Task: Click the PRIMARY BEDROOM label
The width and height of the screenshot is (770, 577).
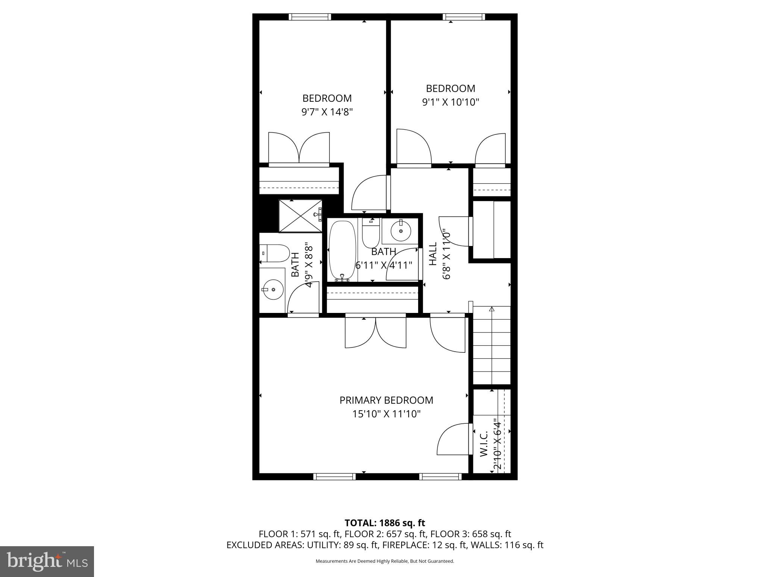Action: pos(386,400)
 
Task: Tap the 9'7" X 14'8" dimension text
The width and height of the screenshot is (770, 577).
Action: pos(327,112)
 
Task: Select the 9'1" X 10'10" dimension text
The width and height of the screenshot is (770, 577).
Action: pos(450,102)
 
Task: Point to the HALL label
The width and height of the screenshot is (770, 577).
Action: pos(433,254)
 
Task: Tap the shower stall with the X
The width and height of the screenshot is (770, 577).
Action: pos(300,216)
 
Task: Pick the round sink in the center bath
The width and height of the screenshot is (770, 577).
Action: pos(401,231)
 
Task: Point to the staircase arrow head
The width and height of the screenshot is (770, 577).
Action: pos(491,309)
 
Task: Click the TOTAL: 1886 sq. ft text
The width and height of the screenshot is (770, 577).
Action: pos(385,523)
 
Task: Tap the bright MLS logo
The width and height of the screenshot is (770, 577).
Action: pos(47,561)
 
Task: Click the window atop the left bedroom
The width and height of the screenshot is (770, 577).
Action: pos(310,17)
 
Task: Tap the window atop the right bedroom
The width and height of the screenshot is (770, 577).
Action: pos(464,17)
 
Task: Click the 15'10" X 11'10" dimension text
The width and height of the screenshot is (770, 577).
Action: pos(386,414)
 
